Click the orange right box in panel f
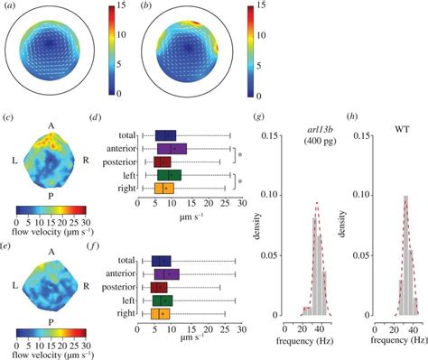[x=162, y=313]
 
